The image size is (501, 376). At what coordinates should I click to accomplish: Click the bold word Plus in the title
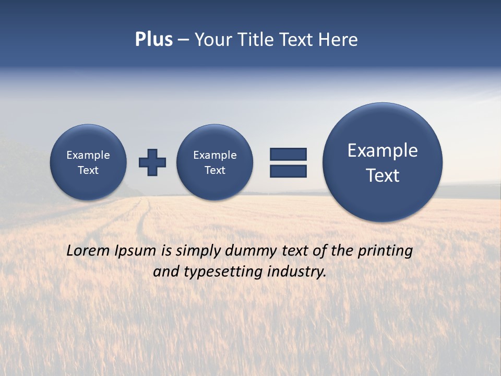pos(153,40)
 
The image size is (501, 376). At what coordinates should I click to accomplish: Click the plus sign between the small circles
pos(152,162)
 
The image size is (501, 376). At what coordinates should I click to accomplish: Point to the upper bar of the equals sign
pos(288,154)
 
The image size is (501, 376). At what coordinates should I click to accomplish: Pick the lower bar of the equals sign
pos(288,171)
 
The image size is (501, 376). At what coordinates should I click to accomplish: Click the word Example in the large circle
pos(383,150)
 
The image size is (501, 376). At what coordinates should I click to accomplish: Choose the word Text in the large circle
pos(383,175)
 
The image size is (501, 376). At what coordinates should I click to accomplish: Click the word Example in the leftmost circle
pos(88,155)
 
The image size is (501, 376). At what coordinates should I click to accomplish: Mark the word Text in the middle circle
pos(214,170)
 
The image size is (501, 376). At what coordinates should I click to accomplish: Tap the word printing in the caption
pos(385,251)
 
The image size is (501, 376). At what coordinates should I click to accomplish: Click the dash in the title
pos(183,40)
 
